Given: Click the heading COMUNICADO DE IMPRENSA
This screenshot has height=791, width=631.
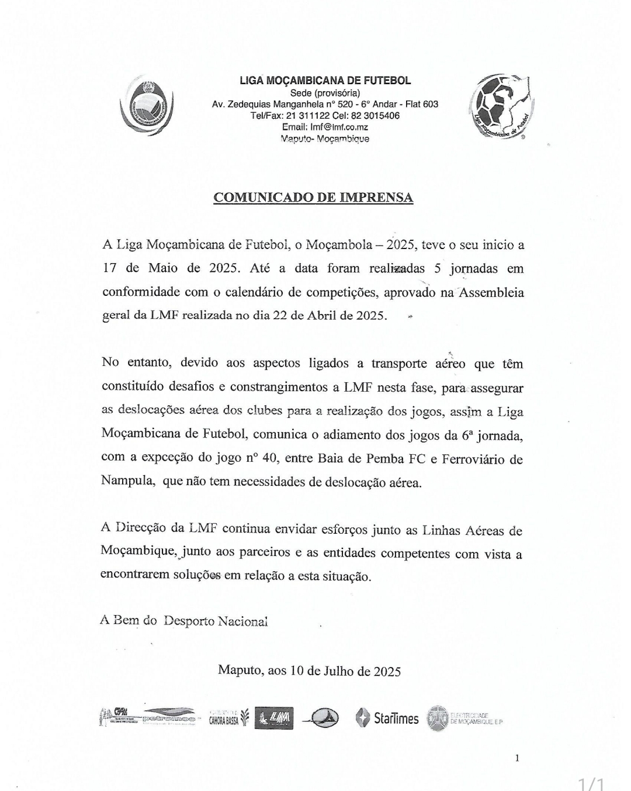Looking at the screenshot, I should click(x=313, y=198).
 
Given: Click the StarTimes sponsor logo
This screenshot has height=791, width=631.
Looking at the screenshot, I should click(x=387, y=719).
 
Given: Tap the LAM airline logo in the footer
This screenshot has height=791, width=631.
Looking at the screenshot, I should click(x=275, y=719).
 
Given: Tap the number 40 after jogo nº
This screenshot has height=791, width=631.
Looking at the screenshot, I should click(x=269, y=458).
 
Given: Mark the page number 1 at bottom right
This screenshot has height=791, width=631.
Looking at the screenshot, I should click(x=517, y=758).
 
